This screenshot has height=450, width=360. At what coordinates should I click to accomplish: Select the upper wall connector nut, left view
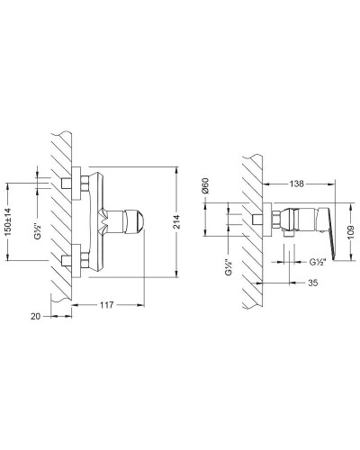[x=67, y=184]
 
